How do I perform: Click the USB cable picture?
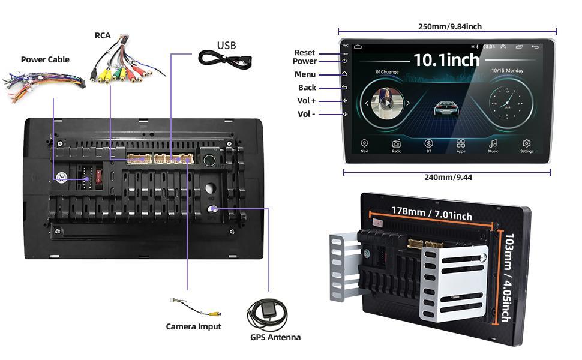click(225, 59)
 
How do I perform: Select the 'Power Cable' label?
click(45, 59)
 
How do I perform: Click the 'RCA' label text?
click(103, 35)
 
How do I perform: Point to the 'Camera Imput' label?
click(193, 326)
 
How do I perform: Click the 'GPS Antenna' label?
click(275, 337)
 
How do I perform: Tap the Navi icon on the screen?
click(364, 144)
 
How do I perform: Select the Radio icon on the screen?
click(397, 144)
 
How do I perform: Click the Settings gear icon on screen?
click(526, 144)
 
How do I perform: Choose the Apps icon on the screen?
click(461, 144)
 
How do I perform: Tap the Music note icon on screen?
click(493, 144)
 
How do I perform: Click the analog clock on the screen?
click(507, 102)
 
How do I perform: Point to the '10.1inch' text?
click(446, 60)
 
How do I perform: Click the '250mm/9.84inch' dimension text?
click(449, 26)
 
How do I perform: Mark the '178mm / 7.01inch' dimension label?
click(432, 212)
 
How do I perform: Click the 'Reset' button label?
click(305, 53)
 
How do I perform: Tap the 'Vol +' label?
click(307, 101)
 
